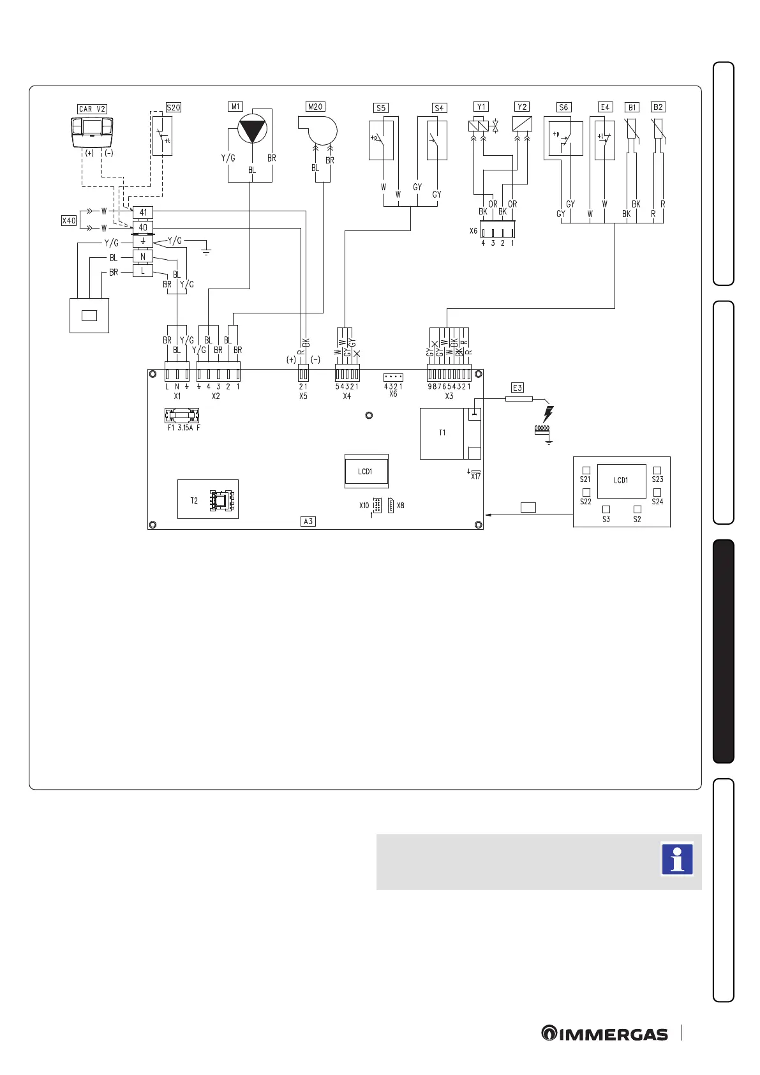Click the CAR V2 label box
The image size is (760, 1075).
pos(93,109)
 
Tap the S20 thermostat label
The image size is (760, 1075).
pos(174,108)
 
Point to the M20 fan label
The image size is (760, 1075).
pos(315,107)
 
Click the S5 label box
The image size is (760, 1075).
pos(381,108)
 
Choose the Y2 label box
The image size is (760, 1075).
pos(522,107)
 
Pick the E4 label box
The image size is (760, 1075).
pos(605,107)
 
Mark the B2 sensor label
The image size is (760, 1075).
pos(658,107)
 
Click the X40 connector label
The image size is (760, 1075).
pos(69,221)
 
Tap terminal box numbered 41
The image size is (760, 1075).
pos(143,213)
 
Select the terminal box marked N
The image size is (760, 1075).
pos(143,257)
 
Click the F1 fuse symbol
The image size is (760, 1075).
pos(182,416)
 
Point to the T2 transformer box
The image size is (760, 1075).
pos(207,500)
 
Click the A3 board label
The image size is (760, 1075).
pos(308,522)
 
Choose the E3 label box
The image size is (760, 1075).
pos(518,387)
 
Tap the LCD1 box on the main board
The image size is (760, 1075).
pos(366,471)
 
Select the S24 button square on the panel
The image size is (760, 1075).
pos(657,493)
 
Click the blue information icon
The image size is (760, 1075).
pos(677,859)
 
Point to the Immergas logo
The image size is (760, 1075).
pos(604,1034)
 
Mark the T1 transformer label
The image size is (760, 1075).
pos(442,433)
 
